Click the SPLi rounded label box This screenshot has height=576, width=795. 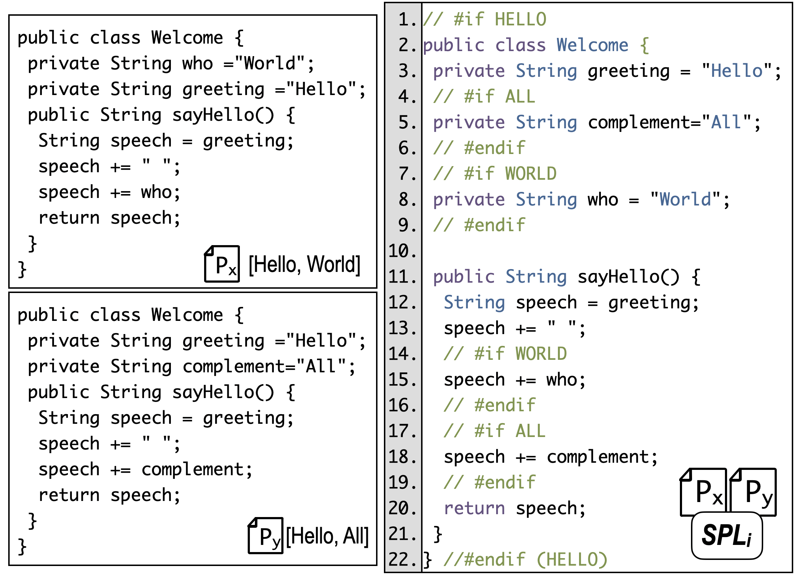pos(727,535)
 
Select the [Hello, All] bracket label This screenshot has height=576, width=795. pos(327,536)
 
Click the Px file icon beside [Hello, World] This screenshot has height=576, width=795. pos(222,264)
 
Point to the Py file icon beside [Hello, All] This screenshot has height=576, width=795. pos(266,536)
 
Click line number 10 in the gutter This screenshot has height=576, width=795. pos(403,251)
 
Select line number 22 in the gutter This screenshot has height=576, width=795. pos(403,560)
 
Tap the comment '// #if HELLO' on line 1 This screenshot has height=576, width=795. pos(485,19)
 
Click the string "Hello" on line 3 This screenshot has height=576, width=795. pos(737,71)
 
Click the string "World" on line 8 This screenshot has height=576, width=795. pos(685,199)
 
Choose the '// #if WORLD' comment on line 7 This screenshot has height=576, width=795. pos(495,174)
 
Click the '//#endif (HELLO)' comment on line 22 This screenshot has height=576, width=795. pos(525,560)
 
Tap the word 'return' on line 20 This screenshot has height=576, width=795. pos(474,508)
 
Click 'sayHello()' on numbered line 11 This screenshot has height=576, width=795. pos(629,277)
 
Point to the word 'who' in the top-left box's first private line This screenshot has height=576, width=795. pos(197,63)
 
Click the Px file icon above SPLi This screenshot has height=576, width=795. pos(703,492)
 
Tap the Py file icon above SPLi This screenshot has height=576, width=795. pos(753,492)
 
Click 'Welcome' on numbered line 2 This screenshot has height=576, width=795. pos(592,45)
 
